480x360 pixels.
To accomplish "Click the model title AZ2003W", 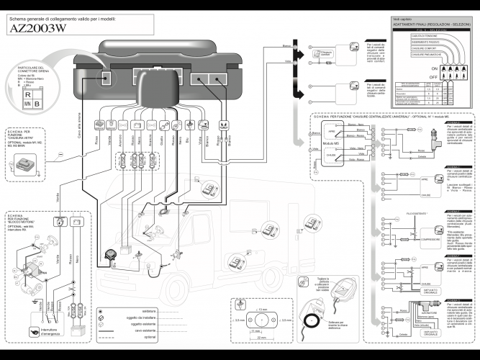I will click(43, 30).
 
